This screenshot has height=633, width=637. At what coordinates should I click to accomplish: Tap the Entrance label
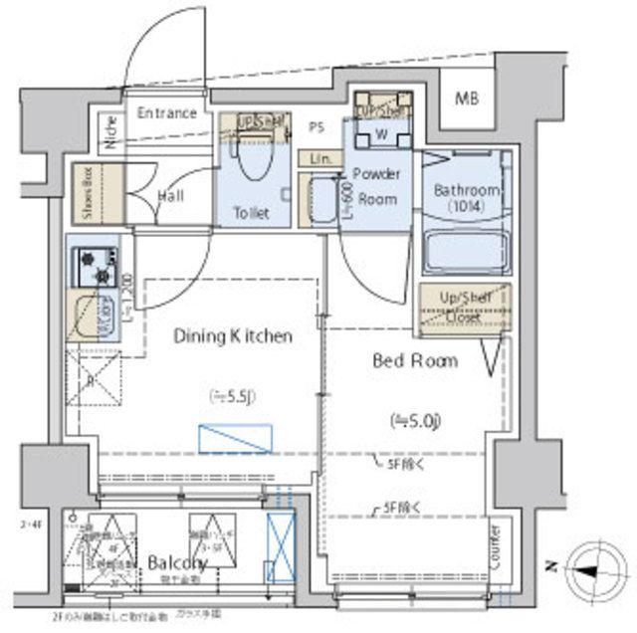166,112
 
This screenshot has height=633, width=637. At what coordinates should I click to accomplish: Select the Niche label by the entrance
109,132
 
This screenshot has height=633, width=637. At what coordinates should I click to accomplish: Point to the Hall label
170,196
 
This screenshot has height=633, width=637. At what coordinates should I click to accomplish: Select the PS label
318,126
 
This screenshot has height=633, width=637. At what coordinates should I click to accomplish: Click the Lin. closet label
319,158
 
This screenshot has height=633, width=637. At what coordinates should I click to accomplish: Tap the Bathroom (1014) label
466,198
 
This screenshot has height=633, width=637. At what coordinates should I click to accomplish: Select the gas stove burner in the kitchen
95,266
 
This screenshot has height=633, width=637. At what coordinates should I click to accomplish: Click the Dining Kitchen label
233,336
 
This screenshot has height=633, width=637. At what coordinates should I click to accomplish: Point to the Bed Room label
415,360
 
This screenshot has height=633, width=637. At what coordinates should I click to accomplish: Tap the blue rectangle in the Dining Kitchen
235,438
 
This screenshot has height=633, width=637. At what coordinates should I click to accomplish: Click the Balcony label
176,563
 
